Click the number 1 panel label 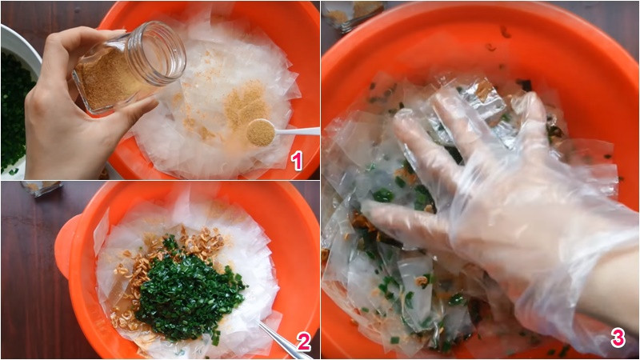click(298, 161)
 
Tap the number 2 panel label click(303, 342)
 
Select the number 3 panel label click(618, 338)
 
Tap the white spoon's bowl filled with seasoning click(260, 132)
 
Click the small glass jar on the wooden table click(42, 188)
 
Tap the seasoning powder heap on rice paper click(244, 104)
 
